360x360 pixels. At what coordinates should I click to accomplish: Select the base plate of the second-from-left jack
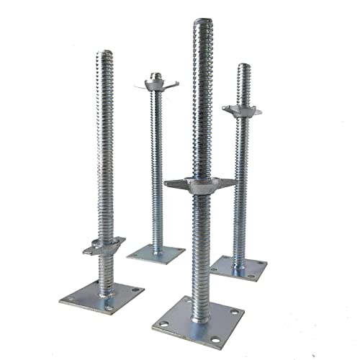(156, 253)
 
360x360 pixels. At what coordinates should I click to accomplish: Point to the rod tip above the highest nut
(156, 74)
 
